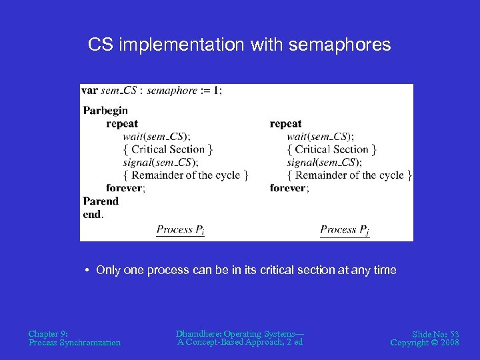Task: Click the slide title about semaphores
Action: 239,45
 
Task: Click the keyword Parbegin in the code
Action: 105,111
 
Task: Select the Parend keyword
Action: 101,201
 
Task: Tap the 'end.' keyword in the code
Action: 93,214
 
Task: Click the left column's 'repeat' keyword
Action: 122,123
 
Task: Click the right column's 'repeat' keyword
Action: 285,123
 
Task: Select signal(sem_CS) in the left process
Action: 161,162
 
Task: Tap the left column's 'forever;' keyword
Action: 125,188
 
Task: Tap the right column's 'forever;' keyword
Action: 289,188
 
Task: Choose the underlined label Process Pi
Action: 180,230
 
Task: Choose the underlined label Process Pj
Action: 344,230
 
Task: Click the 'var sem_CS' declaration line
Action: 151,91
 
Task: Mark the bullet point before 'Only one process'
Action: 87,270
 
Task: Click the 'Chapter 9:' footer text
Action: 48,333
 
